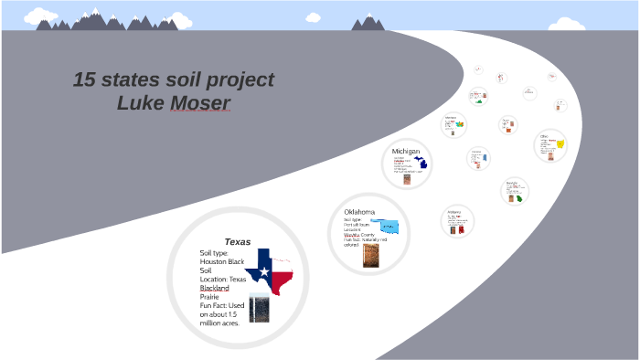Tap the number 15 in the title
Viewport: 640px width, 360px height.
(x=87, y=80)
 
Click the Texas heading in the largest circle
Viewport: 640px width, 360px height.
(x=238, y=242)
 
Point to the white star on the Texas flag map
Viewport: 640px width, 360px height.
(x=265, y=271)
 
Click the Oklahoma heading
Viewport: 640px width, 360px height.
(x=361, y=212)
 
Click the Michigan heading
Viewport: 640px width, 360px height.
(x=406, y=151)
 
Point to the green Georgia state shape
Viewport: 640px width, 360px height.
(x=518, y=198)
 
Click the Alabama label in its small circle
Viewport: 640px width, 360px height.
(x=454, y=212)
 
